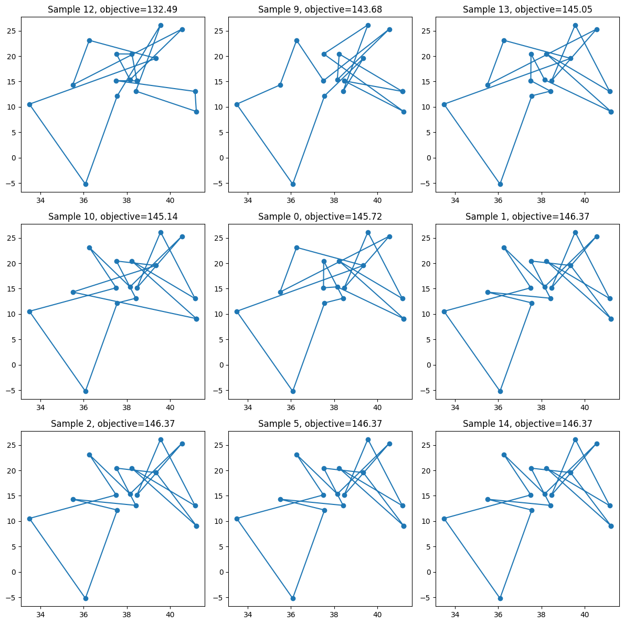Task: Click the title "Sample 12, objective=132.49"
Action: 113,9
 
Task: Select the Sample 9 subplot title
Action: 320,9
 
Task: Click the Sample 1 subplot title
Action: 527,217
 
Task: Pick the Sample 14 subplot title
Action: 527,424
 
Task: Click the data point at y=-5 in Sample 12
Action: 86,184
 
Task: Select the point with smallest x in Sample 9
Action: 237,105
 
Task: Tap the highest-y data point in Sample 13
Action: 575,26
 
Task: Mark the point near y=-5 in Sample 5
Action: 293,598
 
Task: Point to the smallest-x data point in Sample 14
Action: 445,519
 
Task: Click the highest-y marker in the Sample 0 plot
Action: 368,233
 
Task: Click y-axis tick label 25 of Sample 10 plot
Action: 12,239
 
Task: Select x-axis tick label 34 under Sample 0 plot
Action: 248,407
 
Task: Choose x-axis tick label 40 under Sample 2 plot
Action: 170,615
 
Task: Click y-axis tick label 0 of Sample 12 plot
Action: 14,158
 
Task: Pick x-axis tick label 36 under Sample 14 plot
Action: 498,615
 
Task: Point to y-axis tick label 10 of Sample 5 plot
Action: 219,521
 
